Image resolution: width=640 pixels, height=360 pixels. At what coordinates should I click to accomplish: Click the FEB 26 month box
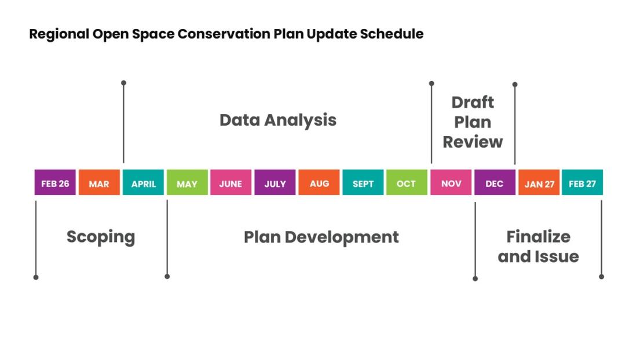point(55,183)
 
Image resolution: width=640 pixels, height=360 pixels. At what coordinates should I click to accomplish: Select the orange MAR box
point(99,183)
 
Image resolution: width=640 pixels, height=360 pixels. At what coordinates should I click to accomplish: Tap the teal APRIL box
point(143,183)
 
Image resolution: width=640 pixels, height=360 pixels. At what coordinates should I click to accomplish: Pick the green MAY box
point(187,183)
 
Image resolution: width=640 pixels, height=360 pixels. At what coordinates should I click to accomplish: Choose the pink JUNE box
point(231,183)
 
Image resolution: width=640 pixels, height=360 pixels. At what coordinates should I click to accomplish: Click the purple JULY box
point(275,183)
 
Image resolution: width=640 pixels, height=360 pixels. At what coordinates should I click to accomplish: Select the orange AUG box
point(319,183)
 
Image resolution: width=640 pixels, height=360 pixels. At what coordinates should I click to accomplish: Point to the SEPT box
point(363,183)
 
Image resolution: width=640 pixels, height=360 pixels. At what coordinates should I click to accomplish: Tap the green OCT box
point(406,183)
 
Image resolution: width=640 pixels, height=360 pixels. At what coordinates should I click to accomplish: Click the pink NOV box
point(451,183)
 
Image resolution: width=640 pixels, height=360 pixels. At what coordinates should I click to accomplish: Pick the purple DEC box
point(494,183)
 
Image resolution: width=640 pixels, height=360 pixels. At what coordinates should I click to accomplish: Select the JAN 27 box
point(539,183)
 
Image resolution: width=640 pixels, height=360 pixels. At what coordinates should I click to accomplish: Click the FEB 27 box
point(582,183)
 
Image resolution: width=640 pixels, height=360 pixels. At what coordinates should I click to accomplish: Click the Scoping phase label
point(101,237)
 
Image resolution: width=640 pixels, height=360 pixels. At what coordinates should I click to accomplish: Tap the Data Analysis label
point(277,120)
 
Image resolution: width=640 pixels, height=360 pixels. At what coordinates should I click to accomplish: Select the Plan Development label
point(321,237)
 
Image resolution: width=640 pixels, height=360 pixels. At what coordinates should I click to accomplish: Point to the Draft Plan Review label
point(473,122)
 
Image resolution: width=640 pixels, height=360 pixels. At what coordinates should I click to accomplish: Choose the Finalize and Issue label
point(538,247)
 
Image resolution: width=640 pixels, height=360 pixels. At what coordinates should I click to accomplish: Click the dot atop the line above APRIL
point(123,83)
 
